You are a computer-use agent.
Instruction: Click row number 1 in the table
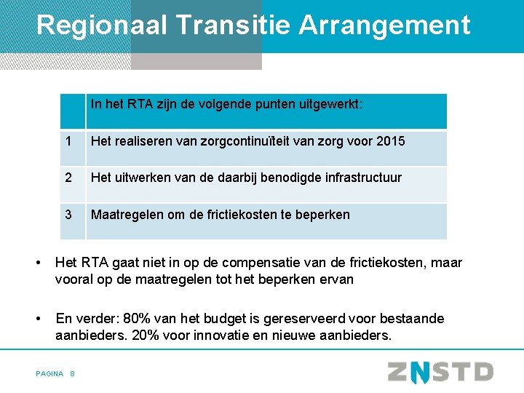pos(68,141)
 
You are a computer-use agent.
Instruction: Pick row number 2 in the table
pos(68,178)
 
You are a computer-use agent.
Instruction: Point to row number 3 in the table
pos(68,215)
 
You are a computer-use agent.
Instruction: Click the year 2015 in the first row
pos(391,141)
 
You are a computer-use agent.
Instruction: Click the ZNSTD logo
pos(440,372)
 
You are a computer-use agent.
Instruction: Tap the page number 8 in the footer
pos(73,373)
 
